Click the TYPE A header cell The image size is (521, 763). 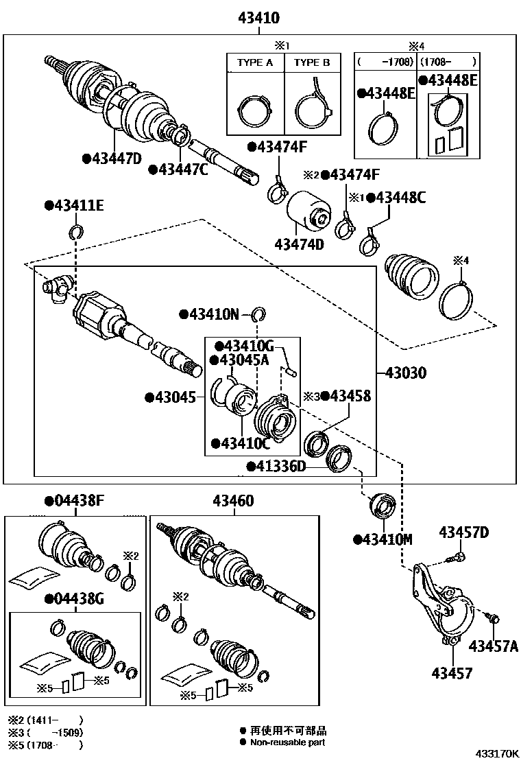pos(254,62)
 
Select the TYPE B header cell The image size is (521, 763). pos(312,62)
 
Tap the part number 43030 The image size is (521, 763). pos(406,373)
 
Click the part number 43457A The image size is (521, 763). pos(493,646)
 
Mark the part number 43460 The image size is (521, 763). pos(232,502)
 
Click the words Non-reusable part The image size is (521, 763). pos(287,742)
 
